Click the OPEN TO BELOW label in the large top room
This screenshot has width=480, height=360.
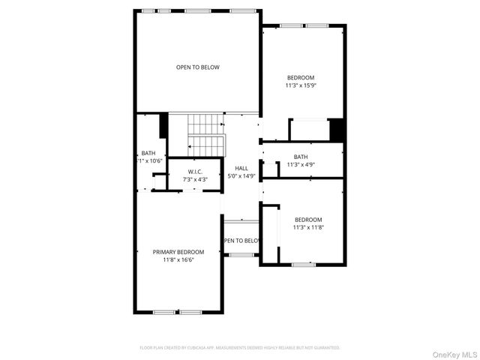pos(198,67)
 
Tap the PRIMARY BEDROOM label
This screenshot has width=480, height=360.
pos(178,252)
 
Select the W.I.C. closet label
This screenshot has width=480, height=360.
pos(196,172)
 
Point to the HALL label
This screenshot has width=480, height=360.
pos(241,168)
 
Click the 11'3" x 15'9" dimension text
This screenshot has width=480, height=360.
pos(300,85)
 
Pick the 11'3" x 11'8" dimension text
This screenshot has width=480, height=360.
pos(307,227)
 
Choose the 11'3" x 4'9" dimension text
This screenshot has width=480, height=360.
pos(301,165)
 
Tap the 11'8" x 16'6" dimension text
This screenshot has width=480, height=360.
pos(178,259)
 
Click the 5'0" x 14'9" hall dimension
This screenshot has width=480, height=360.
pos(242,176)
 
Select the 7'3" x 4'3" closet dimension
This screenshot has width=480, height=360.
pos(196,180)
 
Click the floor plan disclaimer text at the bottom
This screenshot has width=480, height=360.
pos(240,348)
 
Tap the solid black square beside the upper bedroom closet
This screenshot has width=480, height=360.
pos(337,130)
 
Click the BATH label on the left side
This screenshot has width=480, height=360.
pos(148,153)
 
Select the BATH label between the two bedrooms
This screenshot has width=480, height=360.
pos(301,157)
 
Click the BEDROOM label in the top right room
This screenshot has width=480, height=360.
pos(301,77)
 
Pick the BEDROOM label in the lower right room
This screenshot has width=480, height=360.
pos(307,219)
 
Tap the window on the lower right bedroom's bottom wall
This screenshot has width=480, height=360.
pos(303,264)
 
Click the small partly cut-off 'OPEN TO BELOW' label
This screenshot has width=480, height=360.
pos(241,241)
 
